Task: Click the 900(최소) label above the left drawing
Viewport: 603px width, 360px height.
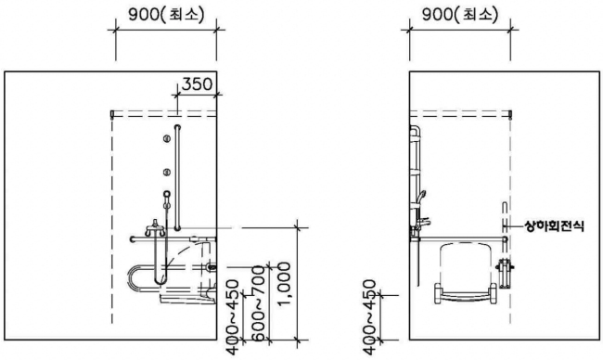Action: pos(166,15)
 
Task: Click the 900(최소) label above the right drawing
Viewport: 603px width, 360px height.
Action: pos(460,15)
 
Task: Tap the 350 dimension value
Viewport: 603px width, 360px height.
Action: pos(197,84)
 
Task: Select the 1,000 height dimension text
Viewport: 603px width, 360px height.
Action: pos(285,284)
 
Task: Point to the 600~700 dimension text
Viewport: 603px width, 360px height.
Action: pos(260,303)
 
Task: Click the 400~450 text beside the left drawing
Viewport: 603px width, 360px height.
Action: pos(233,317)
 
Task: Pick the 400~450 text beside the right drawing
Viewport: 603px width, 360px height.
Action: pos(369,317)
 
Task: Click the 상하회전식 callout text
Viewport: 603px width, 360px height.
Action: pos(554,226)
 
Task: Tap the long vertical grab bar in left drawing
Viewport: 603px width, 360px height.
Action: pos(177,178)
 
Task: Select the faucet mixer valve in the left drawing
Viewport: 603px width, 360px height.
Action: pos(155,228)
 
